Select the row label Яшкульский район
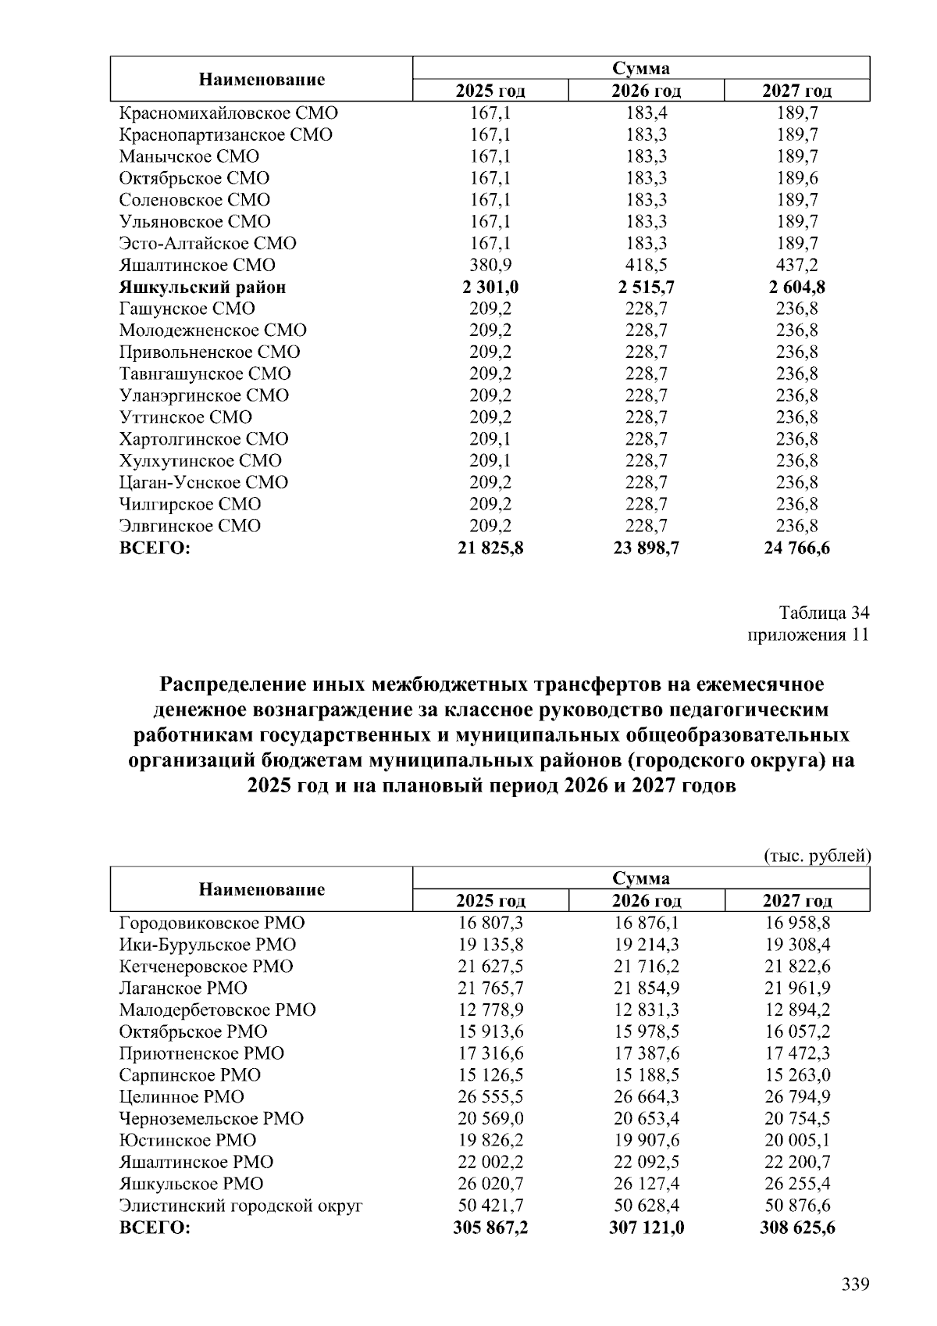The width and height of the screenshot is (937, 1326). [x=202, y=287]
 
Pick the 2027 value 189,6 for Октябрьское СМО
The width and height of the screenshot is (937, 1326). [x=796, y=178]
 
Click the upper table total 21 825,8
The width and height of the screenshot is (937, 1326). [x=490, y=549]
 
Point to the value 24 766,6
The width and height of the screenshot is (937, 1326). [x=796, y=549]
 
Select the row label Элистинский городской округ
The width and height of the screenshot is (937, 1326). [x=240, y=1206]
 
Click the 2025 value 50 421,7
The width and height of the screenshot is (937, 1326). [x=490, y=1206]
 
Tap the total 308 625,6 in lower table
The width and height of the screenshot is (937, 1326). [x=796, y=1228]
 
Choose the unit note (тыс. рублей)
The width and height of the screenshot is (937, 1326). [x=816, y=856]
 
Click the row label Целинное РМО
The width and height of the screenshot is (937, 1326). [x=181, y=1097]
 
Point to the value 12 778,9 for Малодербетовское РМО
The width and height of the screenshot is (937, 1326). [x=490, y=1010]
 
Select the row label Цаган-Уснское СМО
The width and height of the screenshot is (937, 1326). [x=203, y=482]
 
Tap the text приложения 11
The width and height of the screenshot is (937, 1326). [x=808, y=634]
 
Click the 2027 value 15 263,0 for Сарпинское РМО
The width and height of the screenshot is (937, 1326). [x=796, y=1075]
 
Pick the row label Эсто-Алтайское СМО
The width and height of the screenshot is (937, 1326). [x=207, y=243]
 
